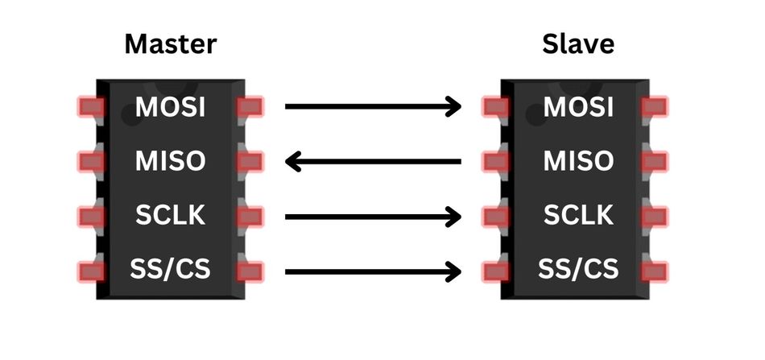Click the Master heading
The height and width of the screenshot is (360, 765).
pyautogui.click(x=171, y=43)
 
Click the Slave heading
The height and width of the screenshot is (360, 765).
pyautogui.click(x=577, y=43)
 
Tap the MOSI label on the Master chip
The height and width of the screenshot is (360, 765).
pyautogui.click(x=171, y=106)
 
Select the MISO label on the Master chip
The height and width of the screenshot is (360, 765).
pyautogui.click(x=171, y=161)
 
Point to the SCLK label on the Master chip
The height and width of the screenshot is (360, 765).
pyautogui.click(x=171, y=215)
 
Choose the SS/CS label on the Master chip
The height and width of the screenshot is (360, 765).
pyautogui.click(x=171, y=268)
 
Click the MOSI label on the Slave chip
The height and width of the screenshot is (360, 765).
pyautogui.click(x=577, y=106)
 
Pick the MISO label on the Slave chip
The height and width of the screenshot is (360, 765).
pyautogui.click(x=577, y=161)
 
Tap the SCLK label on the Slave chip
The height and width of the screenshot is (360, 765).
pyautogui.click(x=577, y=215)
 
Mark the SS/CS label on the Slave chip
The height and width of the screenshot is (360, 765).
pyautogui.click(x=577, y=268)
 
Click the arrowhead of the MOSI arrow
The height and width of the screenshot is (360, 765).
pyautogui.click(x=453, y=106)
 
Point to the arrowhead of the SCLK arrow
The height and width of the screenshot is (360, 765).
pyautogui.click(x=453, y=216)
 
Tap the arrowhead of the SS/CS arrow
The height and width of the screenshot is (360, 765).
pyautogui.click(x=453, y=271)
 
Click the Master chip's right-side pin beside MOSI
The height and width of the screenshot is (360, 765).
pyautogui.click(x=250, y=106)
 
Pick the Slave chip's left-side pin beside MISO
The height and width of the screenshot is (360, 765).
pyautogui.click(x=494, y=162)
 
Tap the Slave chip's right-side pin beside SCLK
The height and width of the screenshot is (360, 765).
pyautogui.click(x=655, y=216)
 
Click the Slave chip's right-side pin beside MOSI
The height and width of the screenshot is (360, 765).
pyautogui.click(x=655, y=106)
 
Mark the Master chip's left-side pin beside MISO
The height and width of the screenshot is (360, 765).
pyautogui.click(x=91, y=162)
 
